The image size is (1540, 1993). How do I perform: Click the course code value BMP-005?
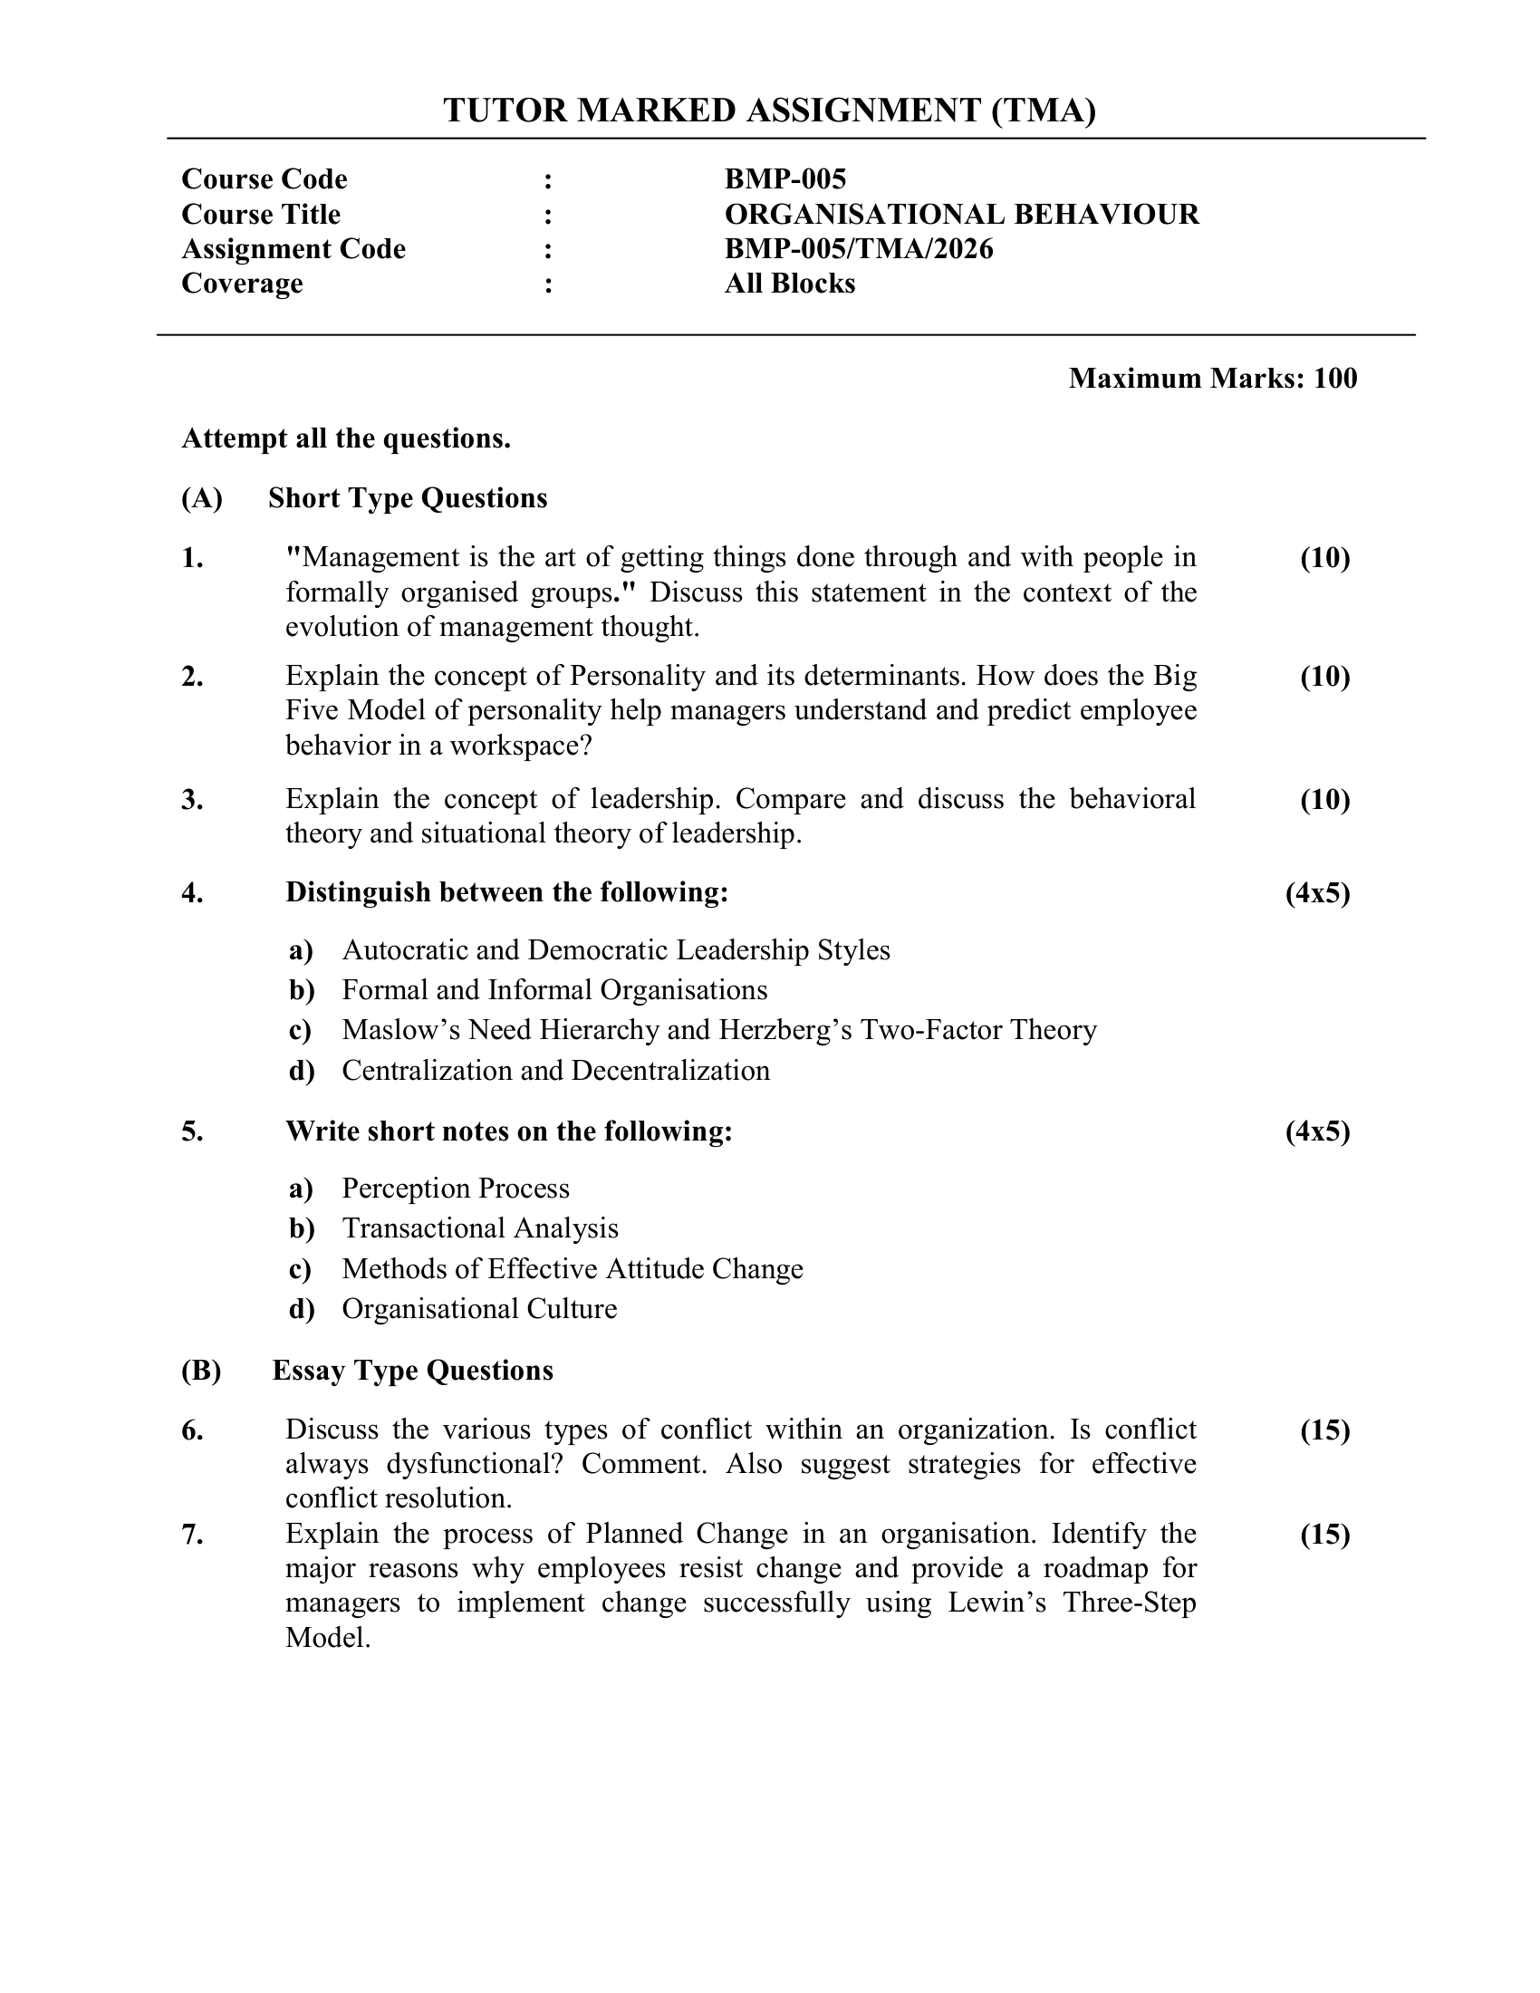(x=784, y=178)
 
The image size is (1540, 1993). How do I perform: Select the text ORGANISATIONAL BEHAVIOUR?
(x=961, y=215)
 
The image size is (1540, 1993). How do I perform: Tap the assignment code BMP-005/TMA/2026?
(x=859, y=249)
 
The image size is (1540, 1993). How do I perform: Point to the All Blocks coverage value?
(x=789, y=284)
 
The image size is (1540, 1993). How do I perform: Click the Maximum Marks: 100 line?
(x=1212, y=378)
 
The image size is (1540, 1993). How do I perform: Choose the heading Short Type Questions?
(x=407, y=498)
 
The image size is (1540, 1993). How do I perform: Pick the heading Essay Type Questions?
(x=412, y=1371)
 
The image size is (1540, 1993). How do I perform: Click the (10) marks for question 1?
(x=1324, y=557)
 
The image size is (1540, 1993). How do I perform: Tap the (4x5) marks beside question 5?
(x=1317, y=1131)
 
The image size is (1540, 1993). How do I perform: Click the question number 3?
(x=191, y=799)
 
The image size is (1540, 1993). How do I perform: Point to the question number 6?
(x=191, y=1430)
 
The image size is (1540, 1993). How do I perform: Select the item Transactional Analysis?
(x=480, y=1228)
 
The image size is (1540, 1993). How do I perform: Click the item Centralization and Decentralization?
(x=555, y=1071)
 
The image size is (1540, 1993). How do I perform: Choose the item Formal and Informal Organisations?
(x=554, y=990)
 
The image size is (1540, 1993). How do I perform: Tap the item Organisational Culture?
(x=479, y=1309)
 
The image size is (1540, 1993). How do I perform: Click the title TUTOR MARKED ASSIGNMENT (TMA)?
(x=769, y=111)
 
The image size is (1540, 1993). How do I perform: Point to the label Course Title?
(x=261, y=215)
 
